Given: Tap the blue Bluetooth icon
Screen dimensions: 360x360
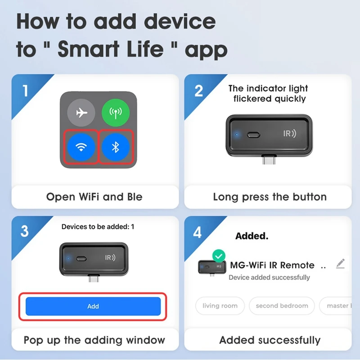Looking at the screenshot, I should click(115, 147).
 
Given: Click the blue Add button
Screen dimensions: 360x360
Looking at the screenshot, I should click(93, 306).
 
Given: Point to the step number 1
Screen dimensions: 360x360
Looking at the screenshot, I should click(25, 91).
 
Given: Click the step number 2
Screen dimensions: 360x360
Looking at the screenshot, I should click(198, 91).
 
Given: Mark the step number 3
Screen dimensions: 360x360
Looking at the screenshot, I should click(25, 231).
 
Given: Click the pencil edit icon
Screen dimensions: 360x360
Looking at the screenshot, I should click(341, 263).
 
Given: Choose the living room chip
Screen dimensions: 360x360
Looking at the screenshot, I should click(220, 306).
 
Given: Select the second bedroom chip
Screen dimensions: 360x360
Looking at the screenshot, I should click(282, 306).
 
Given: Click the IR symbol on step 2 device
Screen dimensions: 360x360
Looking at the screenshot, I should click(289, 134).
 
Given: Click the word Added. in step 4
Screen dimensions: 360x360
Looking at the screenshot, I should click(252, 236).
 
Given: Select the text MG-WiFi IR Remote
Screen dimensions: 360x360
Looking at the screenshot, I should click(272, 265).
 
